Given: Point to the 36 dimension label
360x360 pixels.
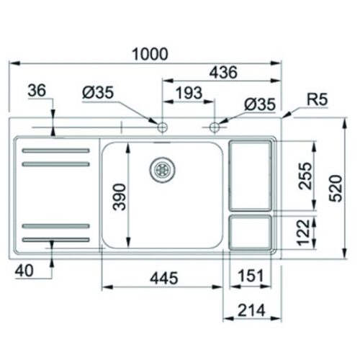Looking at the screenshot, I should pos(40,91).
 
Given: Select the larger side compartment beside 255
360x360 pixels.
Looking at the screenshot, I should pos(251,175).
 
